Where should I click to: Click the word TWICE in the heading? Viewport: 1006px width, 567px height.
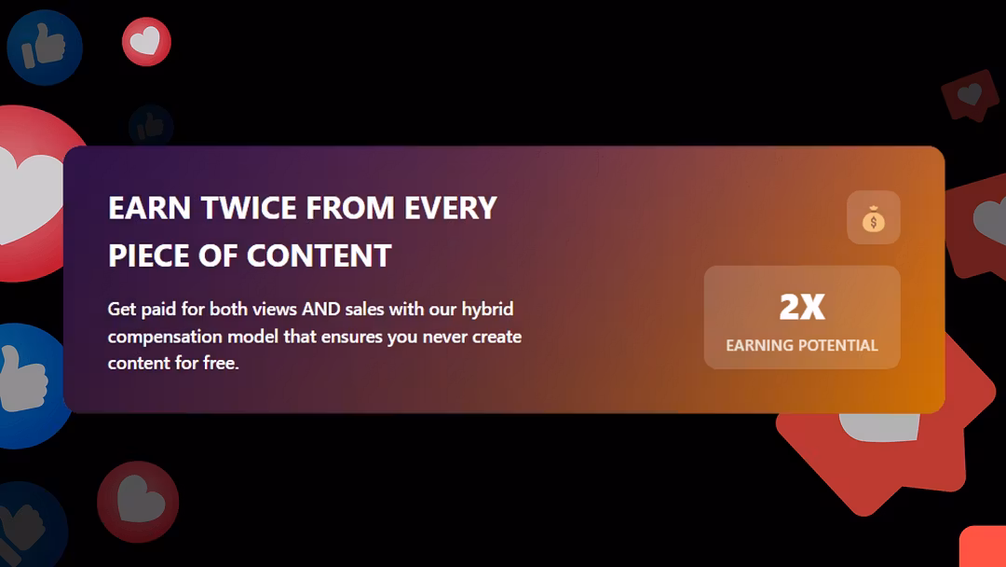[249, 208]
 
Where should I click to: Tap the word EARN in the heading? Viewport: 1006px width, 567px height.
[149, 208]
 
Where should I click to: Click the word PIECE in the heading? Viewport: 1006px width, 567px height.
[149, 256]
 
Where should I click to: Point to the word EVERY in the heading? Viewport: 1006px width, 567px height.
[451, 208]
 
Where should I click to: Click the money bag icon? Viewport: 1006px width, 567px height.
[873, 218]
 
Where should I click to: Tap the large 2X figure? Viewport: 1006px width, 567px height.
[802, 306]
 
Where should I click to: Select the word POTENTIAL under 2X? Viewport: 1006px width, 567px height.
[838, 345]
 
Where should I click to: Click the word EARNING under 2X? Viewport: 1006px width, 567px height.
[760, 345]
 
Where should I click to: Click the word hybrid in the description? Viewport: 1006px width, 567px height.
[487, 310]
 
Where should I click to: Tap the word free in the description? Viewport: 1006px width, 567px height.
[221, 363]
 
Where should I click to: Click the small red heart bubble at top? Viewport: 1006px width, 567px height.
[146, 42]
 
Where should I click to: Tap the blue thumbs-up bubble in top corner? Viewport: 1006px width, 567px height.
[45, 47]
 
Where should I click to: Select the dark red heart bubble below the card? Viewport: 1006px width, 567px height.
[138, 502]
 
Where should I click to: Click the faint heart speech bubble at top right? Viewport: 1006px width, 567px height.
[971, 95]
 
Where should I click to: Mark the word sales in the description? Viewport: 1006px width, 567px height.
[364, 309]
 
